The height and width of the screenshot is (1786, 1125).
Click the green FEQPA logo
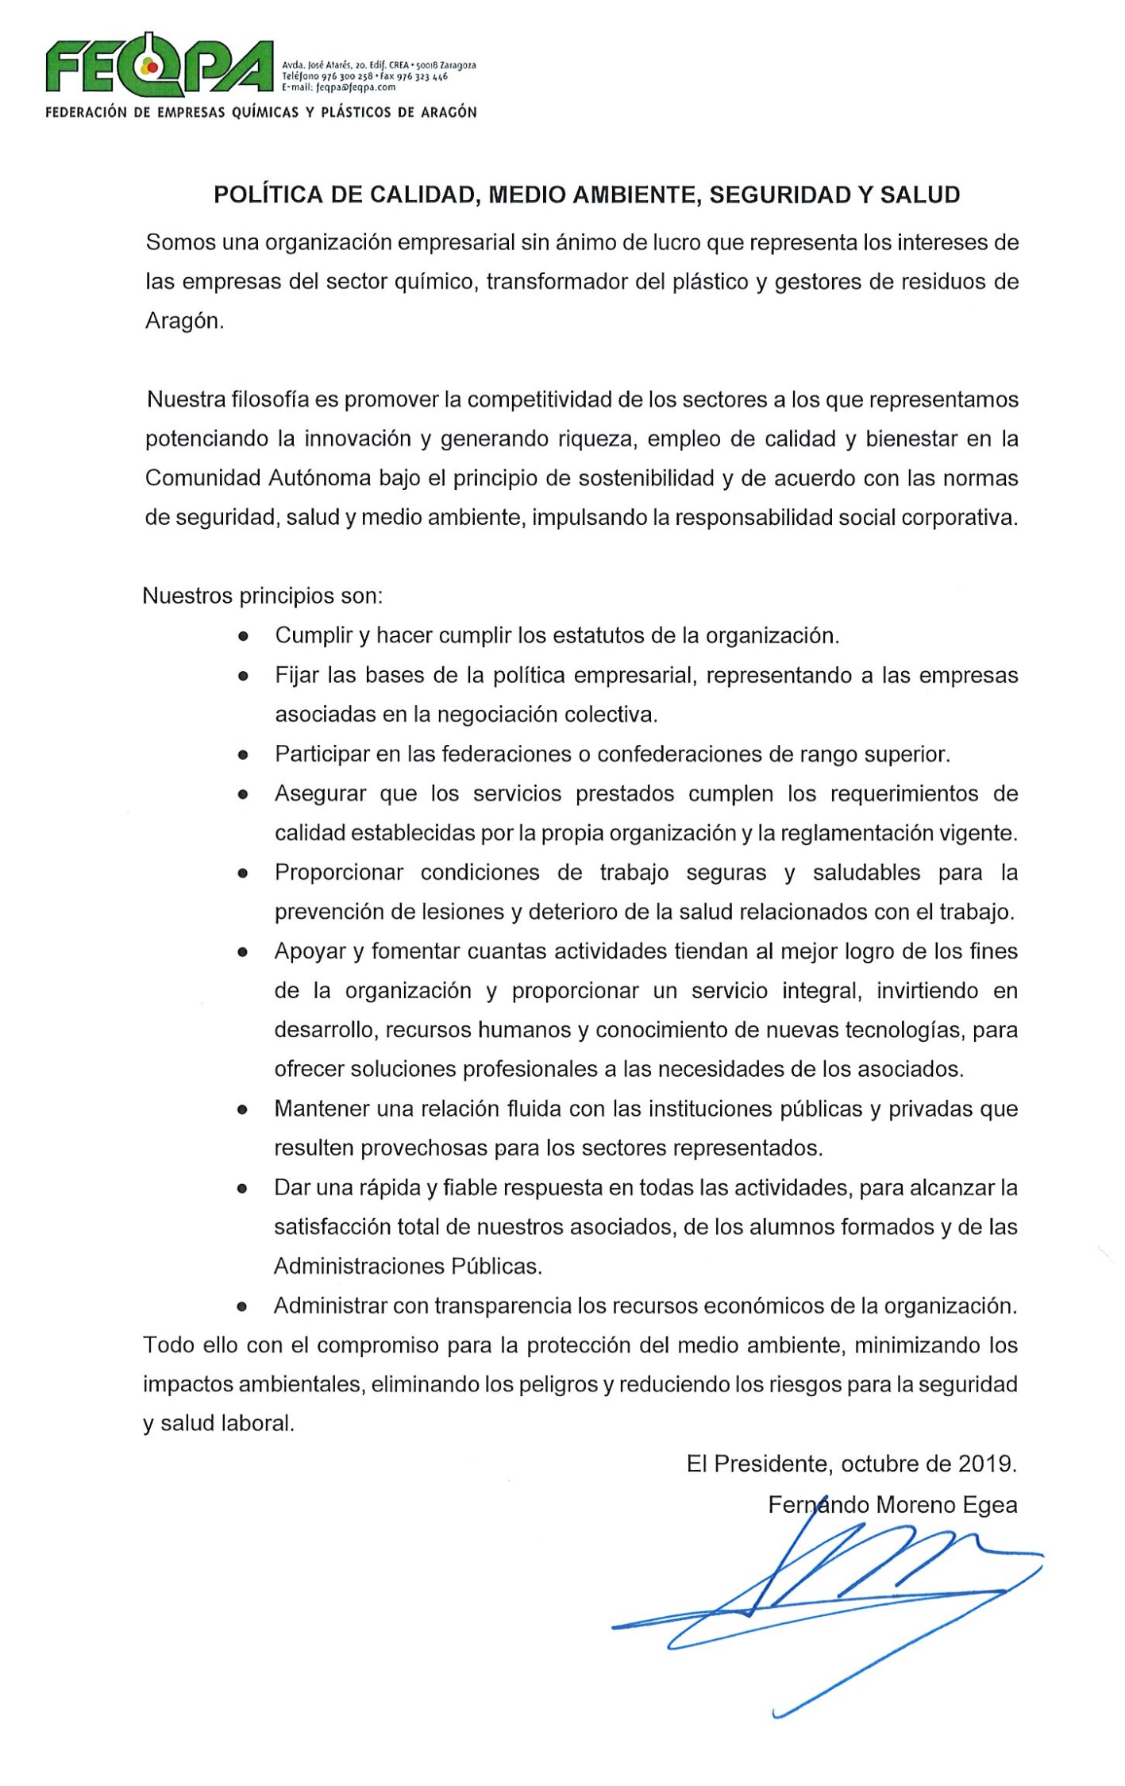tap(159, 65)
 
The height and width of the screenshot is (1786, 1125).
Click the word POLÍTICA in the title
tap(267, 195)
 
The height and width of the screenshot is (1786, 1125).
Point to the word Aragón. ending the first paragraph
tap(184, 321)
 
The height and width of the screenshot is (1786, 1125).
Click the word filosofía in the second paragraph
tap(270, 399)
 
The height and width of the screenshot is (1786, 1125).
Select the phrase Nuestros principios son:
tap(262, 596)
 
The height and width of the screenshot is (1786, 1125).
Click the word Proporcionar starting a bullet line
tap(339, 872)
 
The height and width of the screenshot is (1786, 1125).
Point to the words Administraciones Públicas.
tap(408, 1266)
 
